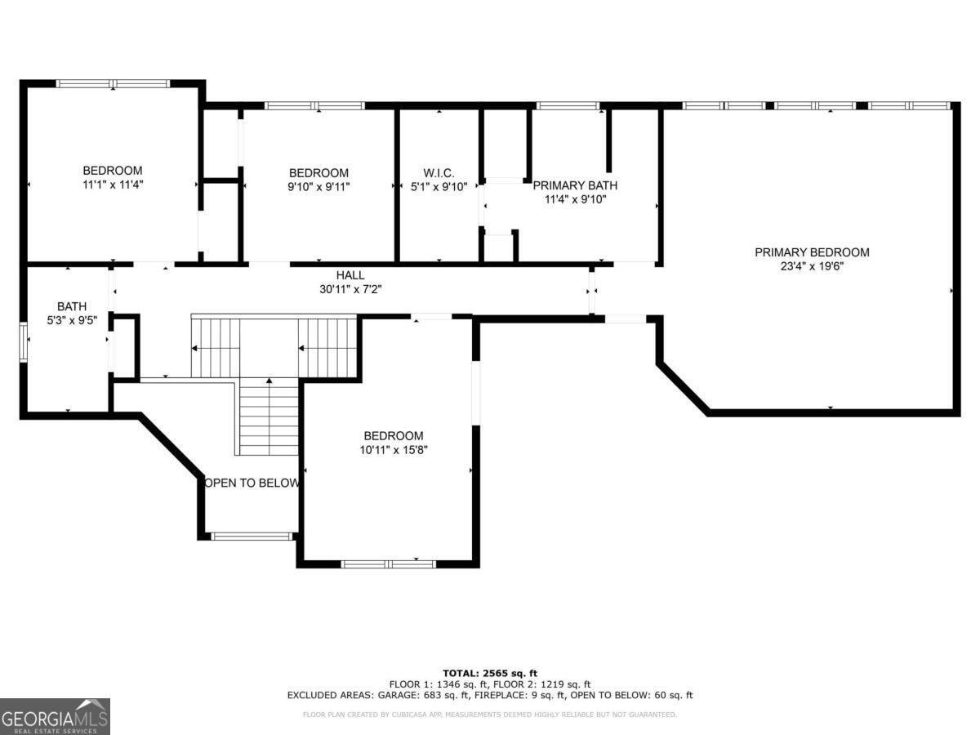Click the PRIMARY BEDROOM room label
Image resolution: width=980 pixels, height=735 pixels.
pyautogui.click(x=812, y=252)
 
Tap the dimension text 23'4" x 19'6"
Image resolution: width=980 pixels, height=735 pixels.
pyautogui.click(x=812, y=266)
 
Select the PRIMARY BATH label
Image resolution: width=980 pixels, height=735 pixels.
pyautogui.click(x=575, y=185)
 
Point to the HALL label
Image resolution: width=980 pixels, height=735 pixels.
pyautogui.click(x=350, y=275)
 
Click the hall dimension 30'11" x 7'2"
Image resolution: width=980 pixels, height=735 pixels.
pyautogui.click(x=350, y=288)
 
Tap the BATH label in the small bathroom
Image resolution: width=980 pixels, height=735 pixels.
pyautogui.click(x=71, y=307)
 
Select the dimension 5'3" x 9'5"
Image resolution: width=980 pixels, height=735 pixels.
pyautogui.click(x=71, y=320)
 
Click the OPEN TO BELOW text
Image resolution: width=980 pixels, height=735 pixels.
pyautogui.click(x=252, y=483)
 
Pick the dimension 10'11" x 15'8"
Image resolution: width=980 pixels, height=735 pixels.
pyautogui.click(x=394, y=449)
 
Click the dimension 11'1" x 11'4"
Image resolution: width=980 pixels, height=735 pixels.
pyautogui.click(x=112, y=185)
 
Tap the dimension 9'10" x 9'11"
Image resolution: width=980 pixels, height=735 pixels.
pyautogui.click(x=318, y=186)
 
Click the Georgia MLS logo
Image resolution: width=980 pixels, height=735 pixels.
pyautogui.click(x=55, y=716)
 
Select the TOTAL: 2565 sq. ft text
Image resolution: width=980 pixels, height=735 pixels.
pyautogui.click(x=490, y=673)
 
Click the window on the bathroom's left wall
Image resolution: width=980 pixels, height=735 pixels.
pyautogui.click(x=24, y=342)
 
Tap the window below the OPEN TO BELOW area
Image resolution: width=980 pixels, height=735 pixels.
pyautogui.click(x=252, y=537)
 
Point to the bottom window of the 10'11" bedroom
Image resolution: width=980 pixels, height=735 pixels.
pyautogui.click(x=389, y=563)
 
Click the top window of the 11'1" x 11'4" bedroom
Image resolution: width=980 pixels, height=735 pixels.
pyautogui.click(x=113, y=83)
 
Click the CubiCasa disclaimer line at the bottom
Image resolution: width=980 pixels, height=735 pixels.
pyautogui.click(x=490, y=715)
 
